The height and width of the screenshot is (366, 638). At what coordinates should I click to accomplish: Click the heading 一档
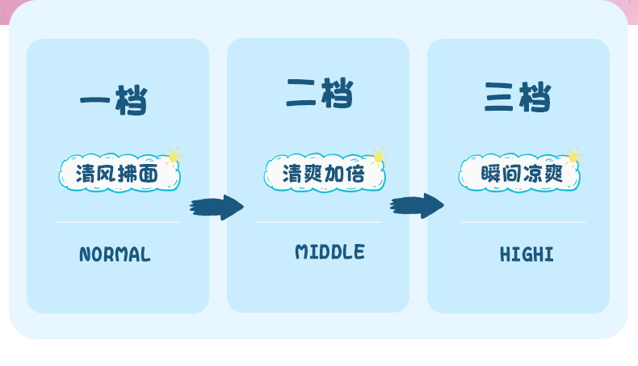pos(113,101)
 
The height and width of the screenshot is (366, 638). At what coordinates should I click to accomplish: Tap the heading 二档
pos(319,94)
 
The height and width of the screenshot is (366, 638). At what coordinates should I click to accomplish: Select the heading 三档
pos(518,97)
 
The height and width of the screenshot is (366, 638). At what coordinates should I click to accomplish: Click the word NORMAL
pos(115,255)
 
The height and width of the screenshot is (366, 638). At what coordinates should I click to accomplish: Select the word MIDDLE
pos(329,252)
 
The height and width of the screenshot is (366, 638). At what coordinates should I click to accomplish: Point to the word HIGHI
pos(527,255)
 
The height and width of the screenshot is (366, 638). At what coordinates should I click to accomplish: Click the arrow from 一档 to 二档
pos(216,208)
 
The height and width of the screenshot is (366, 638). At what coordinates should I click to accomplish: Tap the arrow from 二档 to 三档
pos(417,206)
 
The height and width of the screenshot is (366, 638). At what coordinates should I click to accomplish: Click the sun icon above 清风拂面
pos(172,155)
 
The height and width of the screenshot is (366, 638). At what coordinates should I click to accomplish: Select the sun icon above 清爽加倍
pos(378,155)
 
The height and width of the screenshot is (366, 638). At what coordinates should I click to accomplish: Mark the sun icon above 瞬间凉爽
pos(573,155)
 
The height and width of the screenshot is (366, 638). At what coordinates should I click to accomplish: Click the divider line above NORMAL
pos(117,221)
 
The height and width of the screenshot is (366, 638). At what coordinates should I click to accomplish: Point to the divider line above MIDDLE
pos(319,221)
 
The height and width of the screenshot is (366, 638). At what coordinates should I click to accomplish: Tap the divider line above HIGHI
pos(523,221)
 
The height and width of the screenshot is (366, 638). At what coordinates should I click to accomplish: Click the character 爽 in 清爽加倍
pos(313,175)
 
